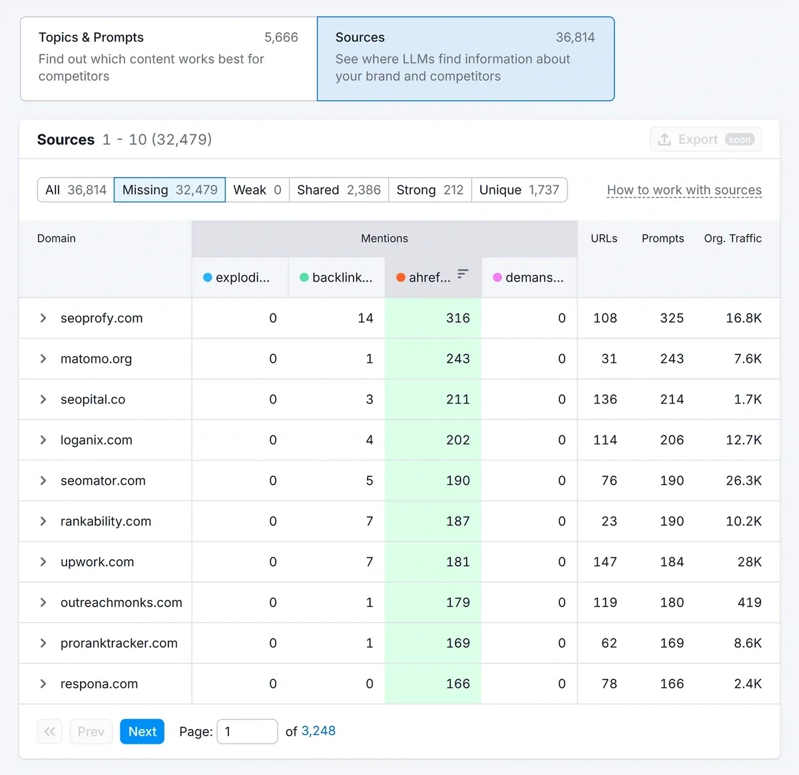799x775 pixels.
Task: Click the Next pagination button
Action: coord(142,731)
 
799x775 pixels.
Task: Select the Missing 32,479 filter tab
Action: coord(170,190)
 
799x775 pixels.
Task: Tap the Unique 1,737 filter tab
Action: coord(519,190)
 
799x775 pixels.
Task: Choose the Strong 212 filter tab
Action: coord(429,190)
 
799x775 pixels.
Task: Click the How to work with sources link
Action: coord(684,190)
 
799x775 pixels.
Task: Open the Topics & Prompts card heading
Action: coord(91,37)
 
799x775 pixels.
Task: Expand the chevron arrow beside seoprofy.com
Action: coord(43,318)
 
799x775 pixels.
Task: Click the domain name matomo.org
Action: coord(96,359)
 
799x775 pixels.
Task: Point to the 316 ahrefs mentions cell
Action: coord(457,318)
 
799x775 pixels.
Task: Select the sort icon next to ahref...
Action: coord(463,274)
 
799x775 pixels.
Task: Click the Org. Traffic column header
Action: coord(732,238)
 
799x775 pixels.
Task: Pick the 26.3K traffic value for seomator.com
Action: coord(743,481)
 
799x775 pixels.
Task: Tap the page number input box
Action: coord(247,731)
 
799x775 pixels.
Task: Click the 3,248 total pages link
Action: coord(318,731)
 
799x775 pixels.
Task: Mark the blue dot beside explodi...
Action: coord(208,278)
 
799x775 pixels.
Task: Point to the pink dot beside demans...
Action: coord(497,278)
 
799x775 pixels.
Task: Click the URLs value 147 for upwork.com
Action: coord(605,562)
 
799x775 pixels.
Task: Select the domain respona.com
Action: coord(99,684)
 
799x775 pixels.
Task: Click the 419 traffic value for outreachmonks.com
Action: coord(749,603)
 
